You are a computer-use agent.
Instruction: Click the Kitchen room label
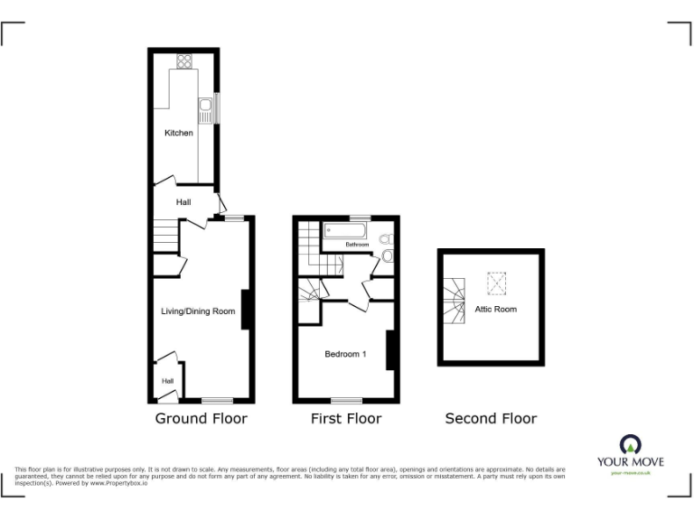click(178, 133)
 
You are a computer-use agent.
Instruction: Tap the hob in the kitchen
click(184, 61)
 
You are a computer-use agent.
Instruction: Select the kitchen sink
click(206, 111)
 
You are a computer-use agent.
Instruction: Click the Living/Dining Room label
click(198, 311)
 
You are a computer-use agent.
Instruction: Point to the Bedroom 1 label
click(345, 354)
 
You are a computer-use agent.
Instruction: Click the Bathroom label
click(356, 245)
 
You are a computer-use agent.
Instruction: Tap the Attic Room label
click(496, 309)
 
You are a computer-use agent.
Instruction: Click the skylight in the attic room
click(495, 283)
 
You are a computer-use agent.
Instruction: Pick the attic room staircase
click(455, 301)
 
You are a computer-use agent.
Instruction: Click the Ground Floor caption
click(201, 418)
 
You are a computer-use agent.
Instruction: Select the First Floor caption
click(345, 418)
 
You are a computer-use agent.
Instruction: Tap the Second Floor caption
click(491, 418)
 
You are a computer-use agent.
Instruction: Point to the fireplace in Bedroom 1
click(390, 350)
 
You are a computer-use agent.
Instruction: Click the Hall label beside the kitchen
click(183, 201)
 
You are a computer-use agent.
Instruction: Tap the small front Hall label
click(167, 381)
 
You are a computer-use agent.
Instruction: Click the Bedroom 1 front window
click(346, 400)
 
